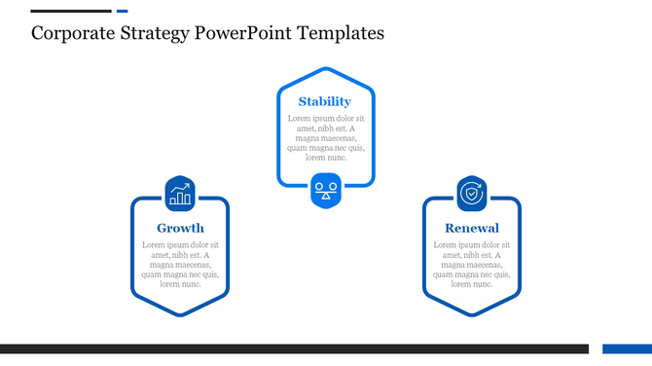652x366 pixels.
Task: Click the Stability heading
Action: click(x=325, y=101)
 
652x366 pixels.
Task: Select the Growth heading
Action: click(x=180, y=229)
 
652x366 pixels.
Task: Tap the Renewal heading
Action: click(x=472, y=229)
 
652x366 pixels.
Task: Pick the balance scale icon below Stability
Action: click(x=326, y=189)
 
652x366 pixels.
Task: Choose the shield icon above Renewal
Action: click(x=472, y=193)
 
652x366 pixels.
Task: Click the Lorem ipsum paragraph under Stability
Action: click(x=326, y=137)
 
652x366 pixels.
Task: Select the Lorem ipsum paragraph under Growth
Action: click(x=180, y=265)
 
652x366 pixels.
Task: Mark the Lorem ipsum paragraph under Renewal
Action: click(x=472, y=265)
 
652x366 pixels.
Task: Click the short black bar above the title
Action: click(x=70, y=12)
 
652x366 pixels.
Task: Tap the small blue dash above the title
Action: click(x=122, y=12)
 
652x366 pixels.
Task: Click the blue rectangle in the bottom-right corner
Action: click(x=627, y=348)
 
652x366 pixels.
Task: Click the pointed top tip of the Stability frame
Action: click(x=326, y=68)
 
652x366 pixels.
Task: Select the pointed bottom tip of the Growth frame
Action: click(x=180, y=314)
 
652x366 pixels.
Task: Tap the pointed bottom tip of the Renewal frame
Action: click(x=472, y=314)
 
